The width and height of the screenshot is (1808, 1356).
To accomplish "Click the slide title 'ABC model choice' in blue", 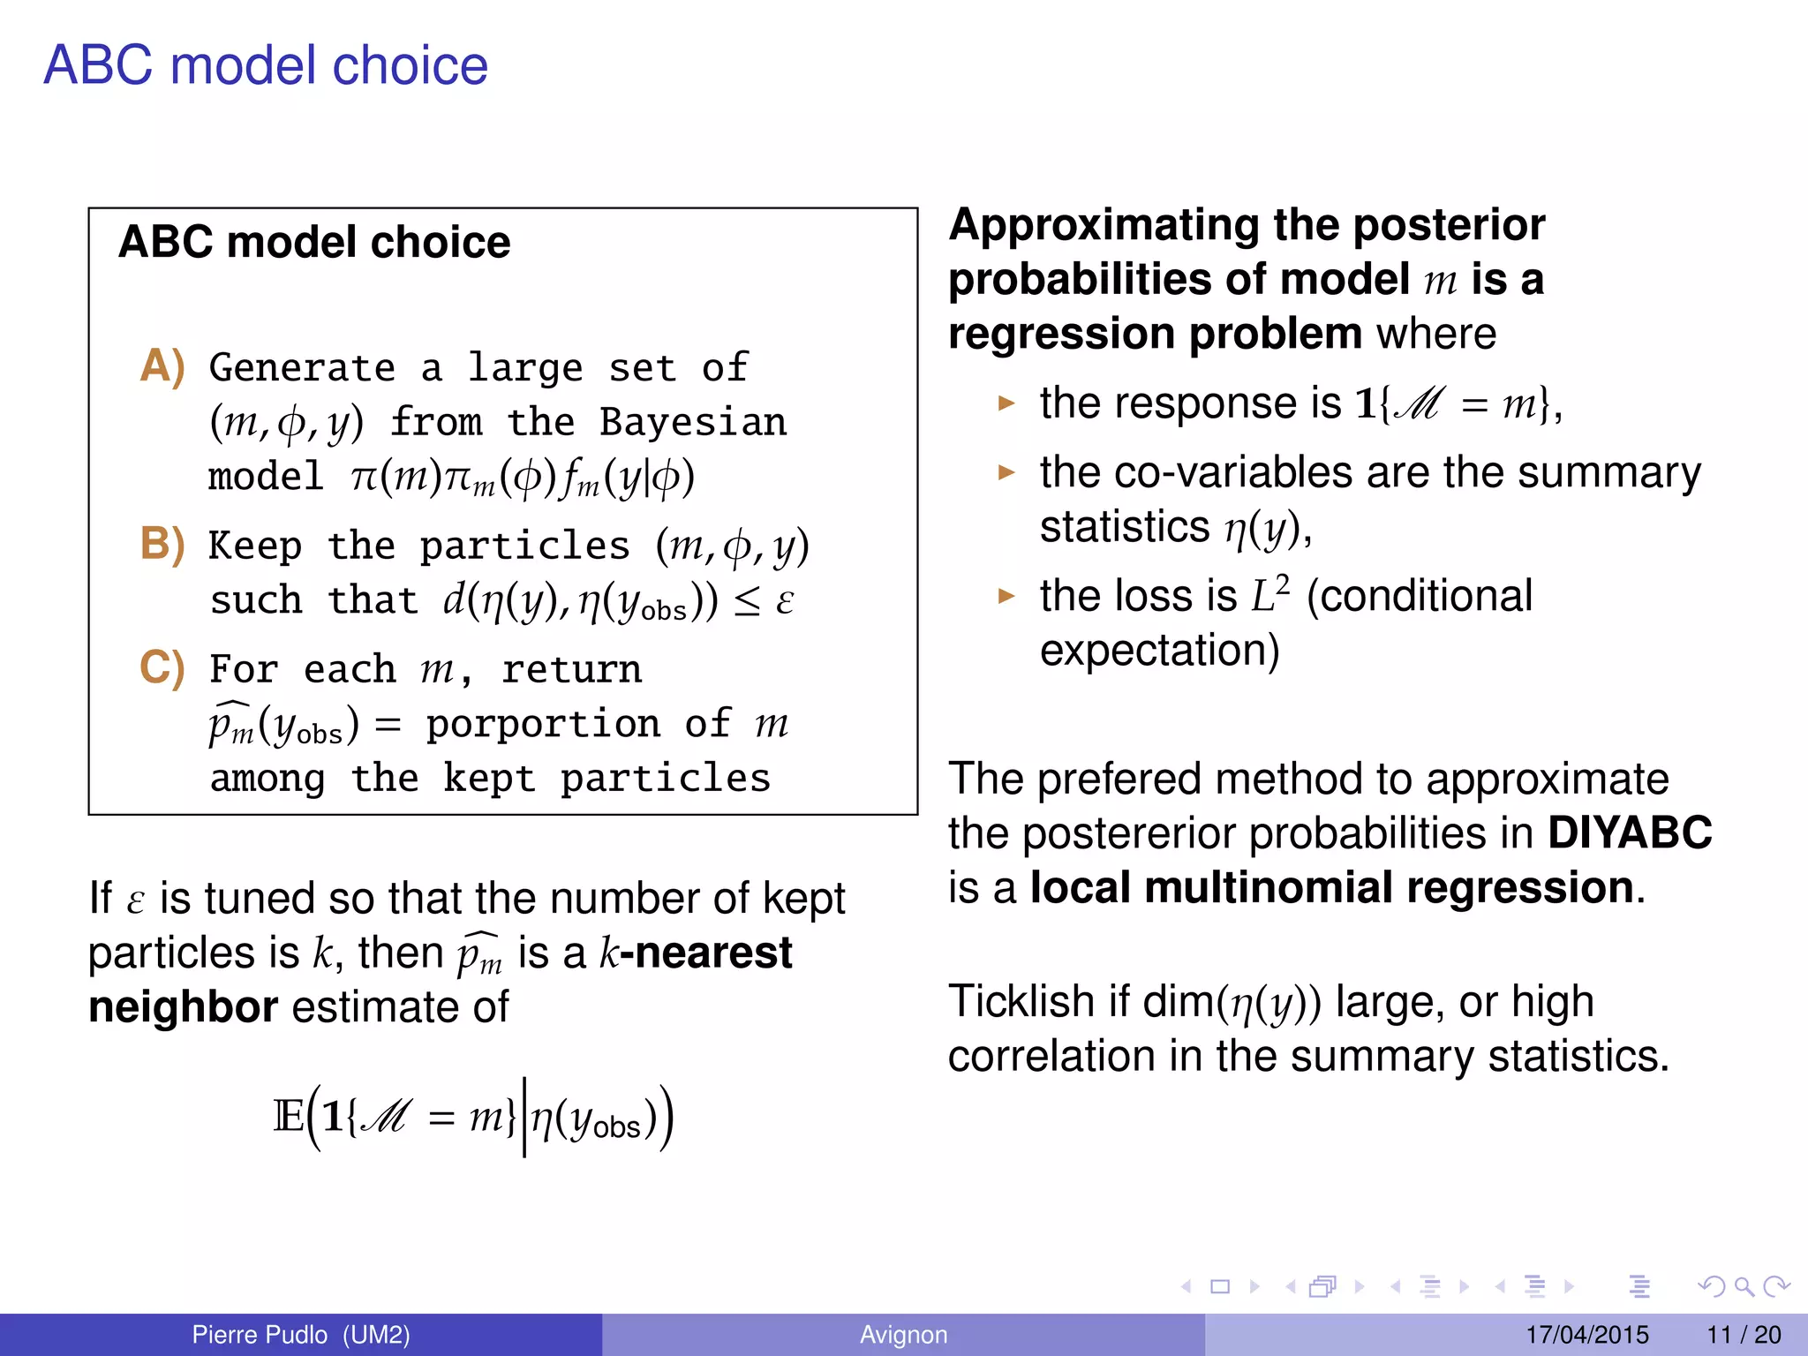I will tap(265, 65).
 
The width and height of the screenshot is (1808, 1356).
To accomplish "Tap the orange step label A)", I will tap(162, 366).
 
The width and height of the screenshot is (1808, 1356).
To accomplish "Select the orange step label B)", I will tap(162, 544).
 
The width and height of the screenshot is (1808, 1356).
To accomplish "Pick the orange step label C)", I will tap(162, 667).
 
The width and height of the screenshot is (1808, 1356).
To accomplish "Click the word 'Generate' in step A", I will tap(302, 368).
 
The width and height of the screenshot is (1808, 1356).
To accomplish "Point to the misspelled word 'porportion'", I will tap(543, 725).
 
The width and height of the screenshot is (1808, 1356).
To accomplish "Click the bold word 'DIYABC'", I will tap(1629, 832).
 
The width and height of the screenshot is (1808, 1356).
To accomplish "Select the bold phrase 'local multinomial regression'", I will tap(1331, 887).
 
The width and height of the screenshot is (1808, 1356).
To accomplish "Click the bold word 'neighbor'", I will tap(183, 1007).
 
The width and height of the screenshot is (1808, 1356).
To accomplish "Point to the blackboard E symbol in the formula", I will tap(288, 1117).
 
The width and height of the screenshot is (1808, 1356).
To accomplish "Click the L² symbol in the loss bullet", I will tap(1269, 594).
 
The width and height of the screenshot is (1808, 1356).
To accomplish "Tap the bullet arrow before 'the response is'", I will tap(1006, 404).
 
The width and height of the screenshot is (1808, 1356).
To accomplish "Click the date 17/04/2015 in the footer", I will tap(1586, 1335).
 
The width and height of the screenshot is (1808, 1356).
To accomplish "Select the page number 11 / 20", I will tap(1744, 1335).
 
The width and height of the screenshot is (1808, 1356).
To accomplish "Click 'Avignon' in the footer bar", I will tap(903, 1335).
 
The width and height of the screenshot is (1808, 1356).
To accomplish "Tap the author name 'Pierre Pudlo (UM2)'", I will tap(300, 1335).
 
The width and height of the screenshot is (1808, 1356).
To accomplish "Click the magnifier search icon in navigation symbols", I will tap(1744, 1287).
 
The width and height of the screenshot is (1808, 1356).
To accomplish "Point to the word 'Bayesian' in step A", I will tap(692, 423).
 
